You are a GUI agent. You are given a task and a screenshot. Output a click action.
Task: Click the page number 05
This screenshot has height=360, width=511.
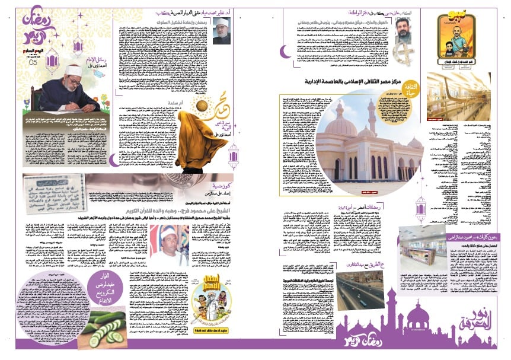pos(34,62)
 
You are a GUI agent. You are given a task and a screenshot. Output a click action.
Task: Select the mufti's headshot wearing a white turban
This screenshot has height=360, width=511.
pos(222,30)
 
